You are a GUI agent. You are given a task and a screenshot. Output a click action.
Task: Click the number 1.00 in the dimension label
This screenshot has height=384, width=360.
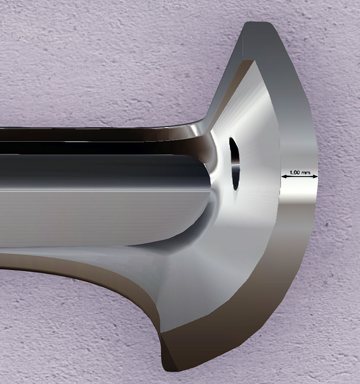click(295, 172)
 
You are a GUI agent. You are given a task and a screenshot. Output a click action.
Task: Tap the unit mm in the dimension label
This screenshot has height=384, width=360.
click(306, 173)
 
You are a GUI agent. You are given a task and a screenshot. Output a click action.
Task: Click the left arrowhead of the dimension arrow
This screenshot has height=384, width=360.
click(284, 176)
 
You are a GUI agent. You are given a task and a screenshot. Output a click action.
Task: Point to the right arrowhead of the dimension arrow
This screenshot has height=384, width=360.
click(315, 176)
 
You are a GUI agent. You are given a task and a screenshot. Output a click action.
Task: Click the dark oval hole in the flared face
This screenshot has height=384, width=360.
click(234, 164)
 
